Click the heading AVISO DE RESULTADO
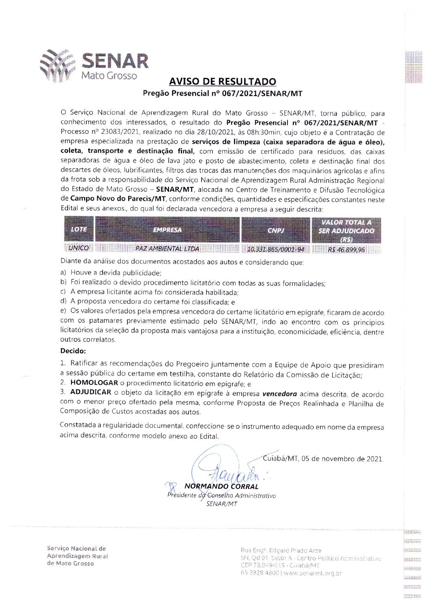223,82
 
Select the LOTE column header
79,230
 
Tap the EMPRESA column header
167,230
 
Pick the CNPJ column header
275,230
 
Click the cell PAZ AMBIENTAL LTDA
167,249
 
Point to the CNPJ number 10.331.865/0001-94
275,249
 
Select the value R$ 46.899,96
346,250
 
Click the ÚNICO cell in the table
78,248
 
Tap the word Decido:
73,351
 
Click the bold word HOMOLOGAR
94,382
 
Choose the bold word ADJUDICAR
90,392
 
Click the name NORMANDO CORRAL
221,486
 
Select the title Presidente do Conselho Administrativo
221,495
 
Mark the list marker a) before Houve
63,273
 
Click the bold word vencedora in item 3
279,393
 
